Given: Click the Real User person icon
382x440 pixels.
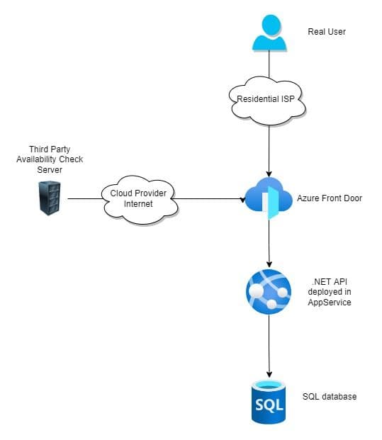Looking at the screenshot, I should click(x=269, y=33).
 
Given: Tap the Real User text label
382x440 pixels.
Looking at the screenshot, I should click(x=327, y=32).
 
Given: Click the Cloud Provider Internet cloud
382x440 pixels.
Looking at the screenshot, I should click(x=140, y=199).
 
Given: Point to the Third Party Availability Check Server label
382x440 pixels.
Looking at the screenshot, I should click(x=55, y=159).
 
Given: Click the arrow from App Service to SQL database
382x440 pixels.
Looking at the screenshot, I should click(x=269, y=347).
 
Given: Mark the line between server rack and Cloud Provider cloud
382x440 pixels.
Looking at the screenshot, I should click(x=84, y=199).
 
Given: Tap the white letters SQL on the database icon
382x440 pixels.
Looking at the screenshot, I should click(x=269, y=406).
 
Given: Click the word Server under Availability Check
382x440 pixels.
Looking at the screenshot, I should click(x=55, y=169).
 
